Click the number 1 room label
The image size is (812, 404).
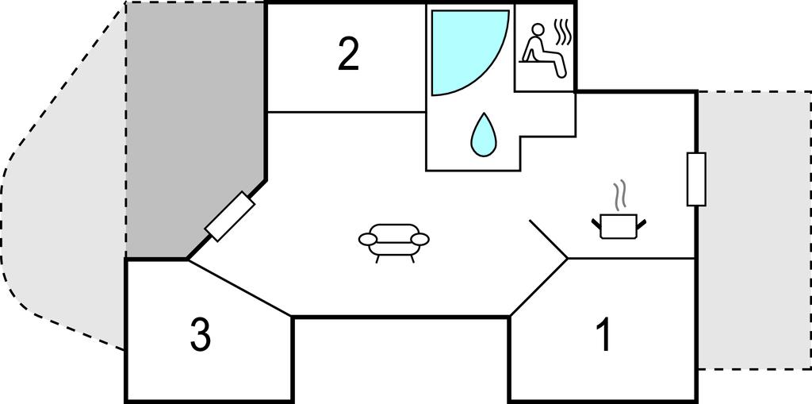pyautogui.click(x=603, y=335)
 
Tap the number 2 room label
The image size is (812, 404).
pyautogui.click(x=349, y=55)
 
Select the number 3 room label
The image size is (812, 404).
pyautogui.click(x=201, y=334)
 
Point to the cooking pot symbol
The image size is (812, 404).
pyautogui.click(x=619, y=226)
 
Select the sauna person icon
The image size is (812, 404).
pyautogui.click(x=544, y=50)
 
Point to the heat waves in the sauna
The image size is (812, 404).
pyautogui.click(x=563, y=33)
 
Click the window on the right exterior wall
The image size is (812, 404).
pyautogui.click(x=696, y=179)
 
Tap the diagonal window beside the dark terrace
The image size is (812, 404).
pyautogui.click(x=229, y=216)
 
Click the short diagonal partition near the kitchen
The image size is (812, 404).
pyautogui.click(x=549, y=239)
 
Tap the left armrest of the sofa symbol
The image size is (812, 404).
pyautogui.click(x=368, y=239)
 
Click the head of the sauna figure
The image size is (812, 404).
pyautogui.click(x=539, y=29)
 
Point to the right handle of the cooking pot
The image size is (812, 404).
pyautogui.click(x=641, y=225)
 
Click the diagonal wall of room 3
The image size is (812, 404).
pyautogui.click(x=239, y=287)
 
